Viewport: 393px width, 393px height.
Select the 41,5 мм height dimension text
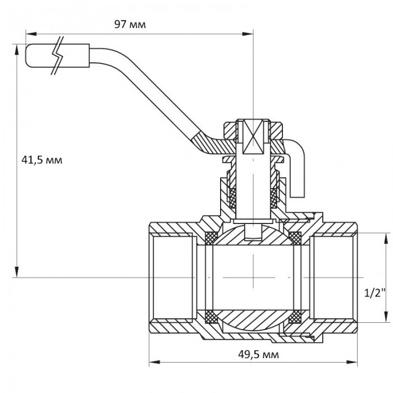pos(42,160)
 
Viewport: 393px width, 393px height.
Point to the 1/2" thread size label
pos(374,293)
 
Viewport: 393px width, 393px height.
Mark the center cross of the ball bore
pos(254,277)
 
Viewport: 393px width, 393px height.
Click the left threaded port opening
pos(171,277)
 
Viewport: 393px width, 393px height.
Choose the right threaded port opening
pos(336,277)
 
